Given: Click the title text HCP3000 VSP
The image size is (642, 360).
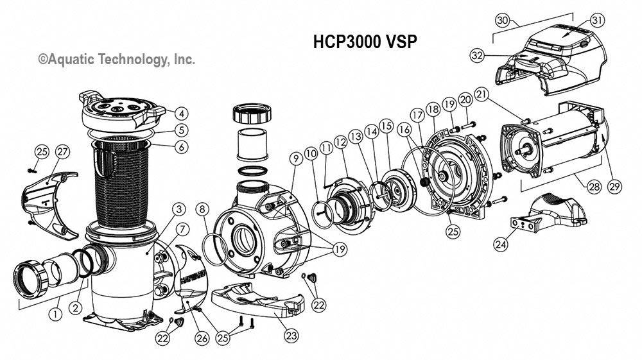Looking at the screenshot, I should click(365, 42).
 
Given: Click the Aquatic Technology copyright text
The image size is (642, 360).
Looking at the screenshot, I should click(116, 59).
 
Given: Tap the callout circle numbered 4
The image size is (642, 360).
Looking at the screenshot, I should click(182, 114).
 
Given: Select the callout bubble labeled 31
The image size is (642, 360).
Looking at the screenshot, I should click(598, 21).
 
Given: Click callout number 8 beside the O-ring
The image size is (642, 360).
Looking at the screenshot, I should click(203, 209).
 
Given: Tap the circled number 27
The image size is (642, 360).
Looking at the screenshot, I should click(62, 152).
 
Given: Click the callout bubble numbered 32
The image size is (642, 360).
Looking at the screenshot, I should click(477, 56).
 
